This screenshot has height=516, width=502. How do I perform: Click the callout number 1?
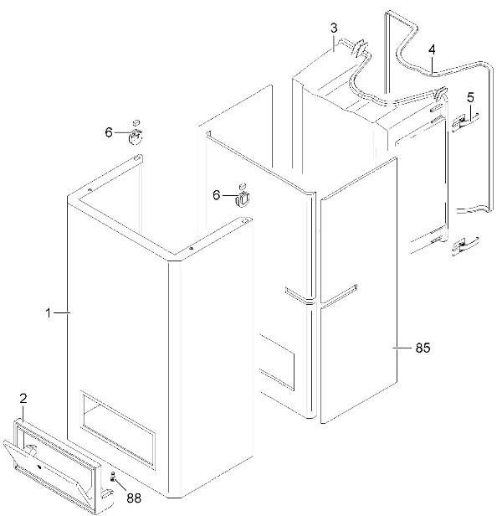pyautogui.click(x=48, y=312)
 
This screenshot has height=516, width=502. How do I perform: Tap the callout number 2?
pyautogui.click(x=23, y=399)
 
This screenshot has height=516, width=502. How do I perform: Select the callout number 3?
pyautogui.click(x=333, y=28)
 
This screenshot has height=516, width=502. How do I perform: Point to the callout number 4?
pyautogui.click(x=432, y=49)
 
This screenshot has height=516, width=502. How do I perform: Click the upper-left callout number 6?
pyautogui.click(x=108, y=132)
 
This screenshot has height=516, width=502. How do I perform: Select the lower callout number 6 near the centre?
pyautogui.click(x=217, y=196)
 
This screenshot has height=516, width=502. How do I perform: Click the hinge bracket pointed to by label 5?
pyautogui.click(x=463, y=123)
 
